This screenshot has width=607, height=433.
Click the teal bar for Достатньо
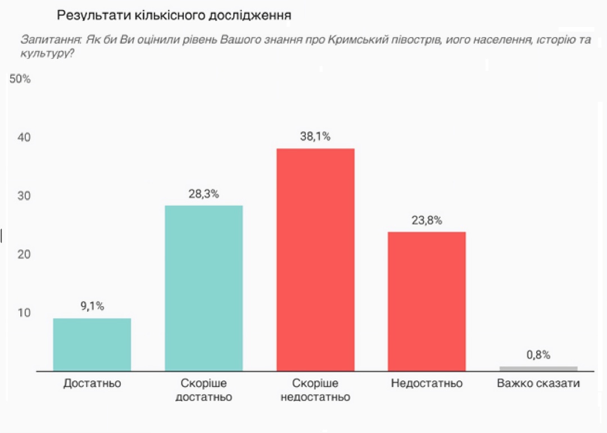click(x=92, y=344)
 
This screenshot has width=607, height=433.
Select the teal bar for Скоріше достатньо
click(x=203, y=288)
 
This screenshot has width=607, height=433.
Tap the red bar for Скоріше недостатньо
click(x=315, y=259)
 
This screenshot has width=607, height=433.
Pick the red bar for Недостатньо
click(x=427, y=301)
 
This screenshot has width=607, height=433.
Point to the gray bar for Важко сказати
click(x=538, y=368)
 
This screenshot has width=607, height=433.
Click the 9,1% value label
click(x=92, y=306)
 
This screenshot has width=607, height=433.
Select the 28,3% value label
click(x=203, y=194)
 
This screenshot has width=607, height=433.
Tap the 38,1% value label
click(x=315, y=136)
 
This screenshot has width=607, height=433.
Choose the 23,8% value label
click(x=427, y=220)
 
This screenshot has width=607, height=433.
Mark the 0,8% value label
click(x=538, y=354)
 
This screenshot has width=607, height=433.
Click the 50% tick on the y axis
click(x=20, y=79)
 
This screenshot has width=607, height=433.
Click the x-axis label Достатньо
click(x=92, y=384)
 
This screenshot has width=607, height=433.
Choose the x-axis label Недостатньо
click(x=427, y=384)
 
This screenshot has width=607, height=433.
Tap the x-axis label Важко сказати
click(x=538, y=384)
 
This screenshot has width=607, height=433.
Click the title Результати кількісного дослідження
click(x=174, y=15)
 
